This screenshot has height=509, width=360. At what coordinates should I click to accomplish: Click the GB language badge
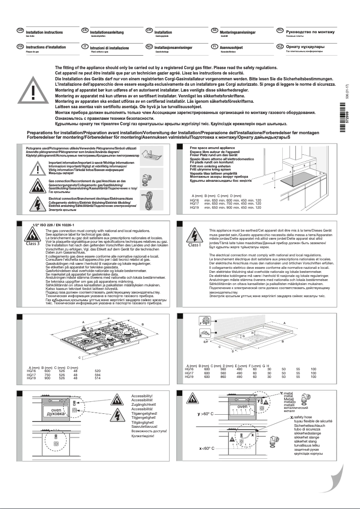[20, 30]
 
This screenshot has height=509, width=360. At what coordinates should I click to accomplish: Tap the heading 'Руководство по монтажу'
[310, 32]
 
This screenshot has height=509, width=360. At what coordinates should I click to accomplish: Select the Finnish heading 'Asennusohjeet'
[231, 47]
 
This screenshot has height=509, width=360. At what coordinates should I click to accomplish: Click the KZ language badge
[280, 46]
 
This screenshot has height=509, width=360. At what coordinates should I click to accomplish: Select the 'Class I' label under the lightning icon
[194, 245]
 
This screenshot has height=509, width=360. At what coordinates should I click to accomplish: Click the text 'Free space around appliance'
[212, 147]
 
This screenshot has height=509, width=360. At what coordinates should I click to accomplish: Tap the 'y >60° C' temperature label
[206, 413]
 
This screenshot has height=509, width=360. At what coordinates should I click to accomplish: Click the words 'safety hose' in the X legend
[303, 417]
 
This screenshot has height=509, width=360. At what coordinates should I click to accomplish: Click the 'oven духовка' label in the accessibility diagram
[56, 412]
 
